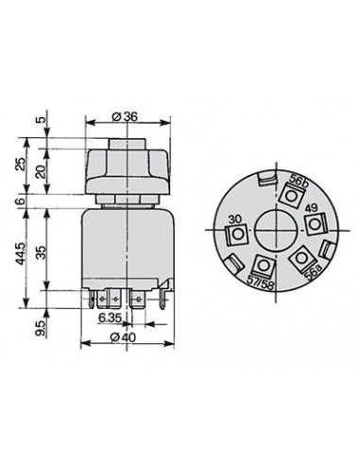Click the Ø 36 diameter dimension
125,117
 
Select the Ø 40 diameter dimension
123,337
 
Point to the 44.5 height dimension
20,253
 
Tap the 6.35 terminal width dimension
111,319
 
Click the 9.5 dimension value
42,328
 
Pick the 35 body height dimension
42,252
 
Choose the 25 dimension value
20,164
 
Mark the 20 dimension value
42,172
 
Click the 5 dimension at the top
42,119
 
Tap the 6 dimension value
20,201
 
